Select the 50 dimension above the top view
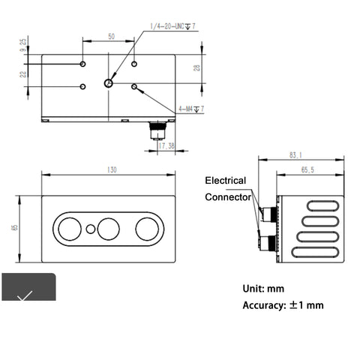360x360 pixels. point(111,36)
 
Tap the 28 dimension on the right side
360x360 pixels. point(197,68)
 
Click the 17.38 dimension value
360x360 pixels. point(167,145)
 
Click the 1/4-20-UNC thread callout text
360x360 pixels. point(170,26)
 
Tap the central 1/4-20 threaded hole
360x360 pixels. point(109,83)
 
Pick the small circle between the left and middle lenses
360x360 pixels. point(91,227)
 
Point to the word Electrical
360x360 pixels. point(226,181)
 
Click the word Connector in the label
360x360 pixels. point(229,197)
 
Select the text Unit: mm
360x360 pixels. point(263,288)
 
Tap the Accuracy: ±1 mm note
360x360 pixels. point(283,305)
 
